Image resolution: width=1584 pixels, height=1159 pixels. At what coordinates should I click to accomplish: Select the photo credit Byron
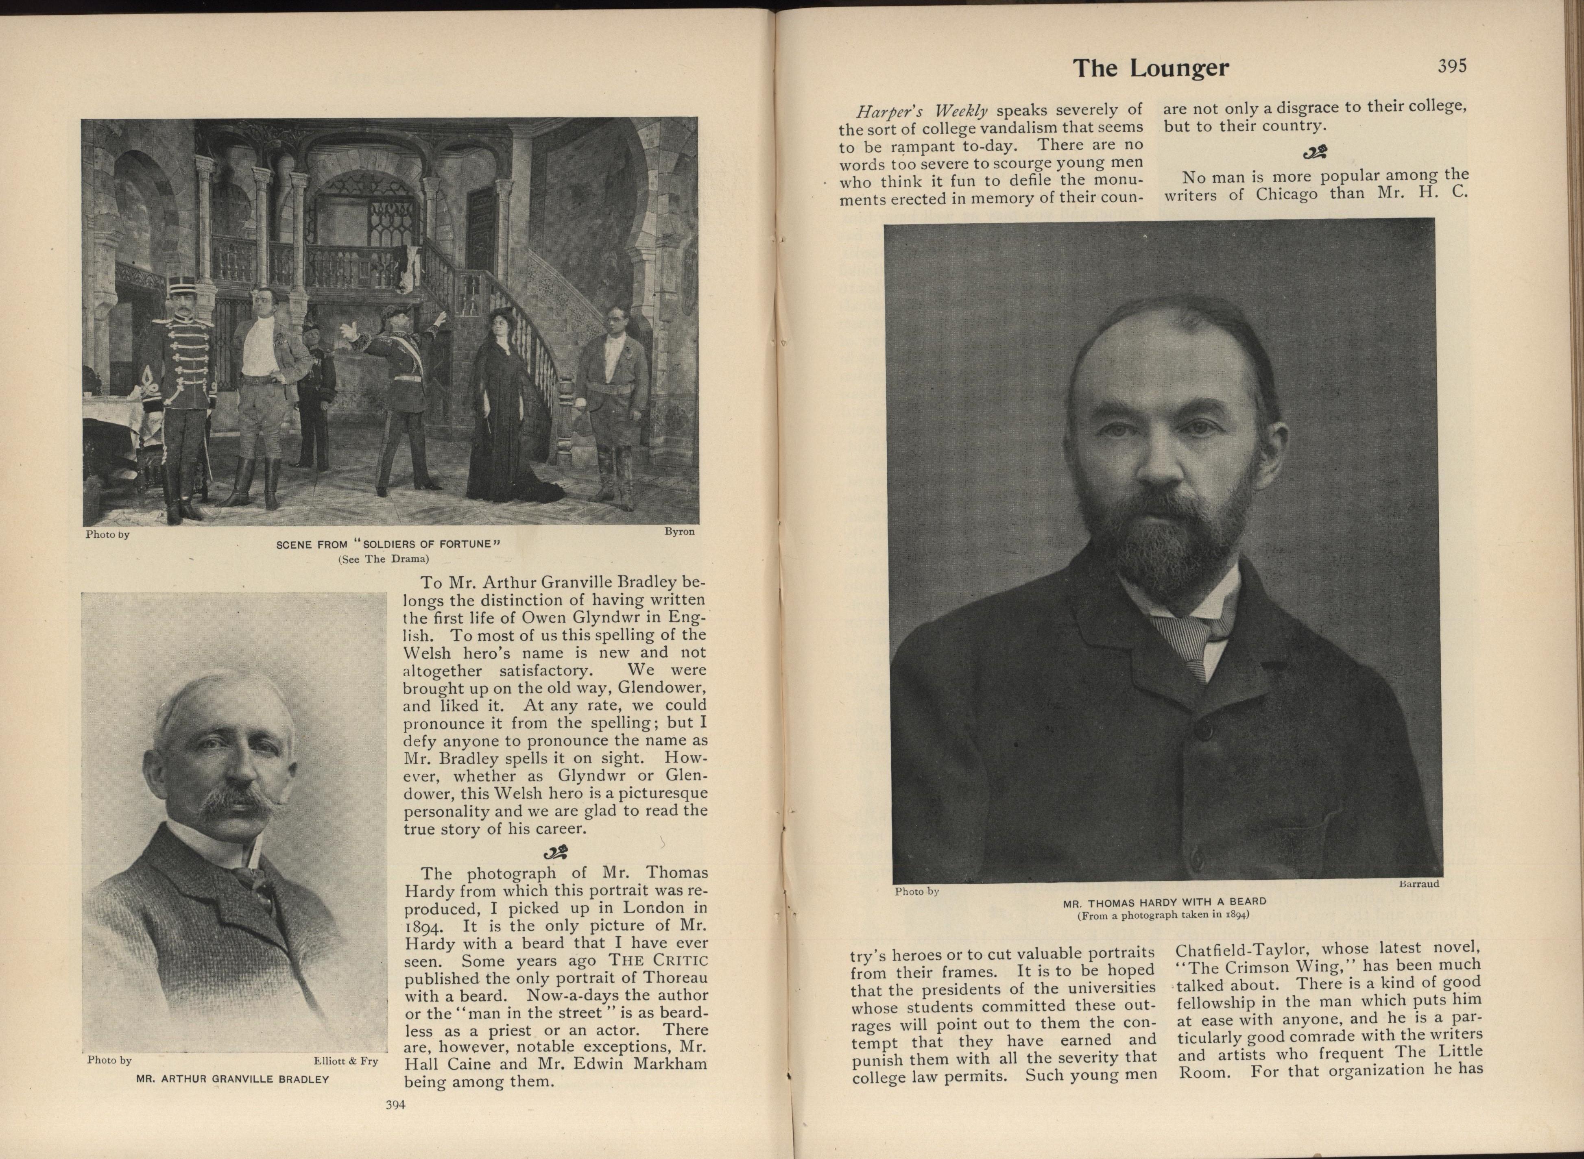point(679,532)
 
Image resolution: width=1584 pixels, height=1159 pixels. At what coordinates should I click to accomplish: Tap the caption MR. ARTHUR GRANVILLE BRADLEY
point(232,1079)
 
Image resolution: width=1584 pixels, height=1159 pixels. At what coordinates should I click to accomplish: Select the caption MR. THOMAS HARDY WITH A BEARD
point(1165,902)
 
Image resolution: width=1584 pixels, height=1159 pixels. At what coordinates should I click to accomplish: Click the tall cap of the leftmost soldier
point(181,286)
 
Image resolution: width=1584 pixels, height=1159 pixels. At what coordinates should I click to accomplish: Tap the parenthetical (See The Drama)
point(383,559)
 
